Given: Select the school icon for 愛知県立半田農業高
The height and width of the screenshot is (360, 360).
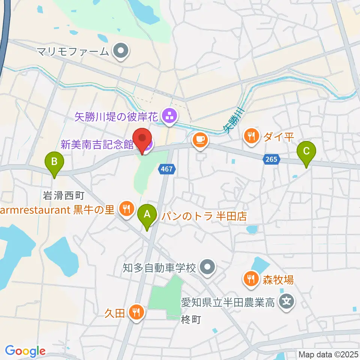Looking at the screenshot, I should pyautogui.click(x=287, y=301).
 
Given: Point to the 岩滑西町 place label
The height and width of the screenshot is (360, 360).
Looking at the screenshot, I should pyautogui.click(x=63, y=195).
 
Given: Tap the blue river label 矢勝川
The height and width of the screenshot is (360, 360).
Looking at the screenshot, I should pyautogui.click(x=233, y=120).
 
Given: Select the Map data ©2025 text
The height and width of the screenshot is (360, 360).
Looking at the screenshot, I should pyautogui.click(x=328, y=354).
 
